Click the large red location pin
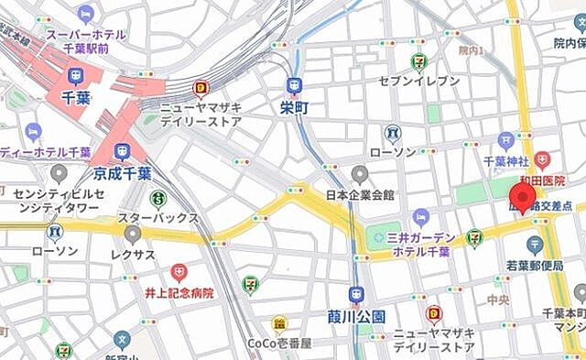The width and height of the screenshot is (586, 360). [523, 195]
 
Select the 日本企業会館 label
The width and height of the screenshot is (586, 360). [360, 194]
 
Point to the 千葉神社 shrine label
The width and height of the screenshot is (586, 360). [507, 161]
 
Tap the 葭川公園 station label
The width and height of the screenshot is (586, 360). [357, 315]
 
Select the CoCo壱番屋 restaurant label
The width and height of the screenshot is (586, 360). [279, 343]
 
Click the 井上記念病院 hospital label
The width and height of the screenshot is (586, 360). [178, 293]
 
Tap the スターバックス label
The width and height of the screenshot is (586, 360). [158, 218]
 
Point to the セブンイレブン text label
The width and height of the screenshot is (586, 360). [419, 81]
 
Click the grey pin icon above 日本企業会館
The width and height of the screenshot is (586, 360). [360, 173]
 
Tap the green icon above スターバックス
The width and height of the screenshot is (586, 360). [158, 197]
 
